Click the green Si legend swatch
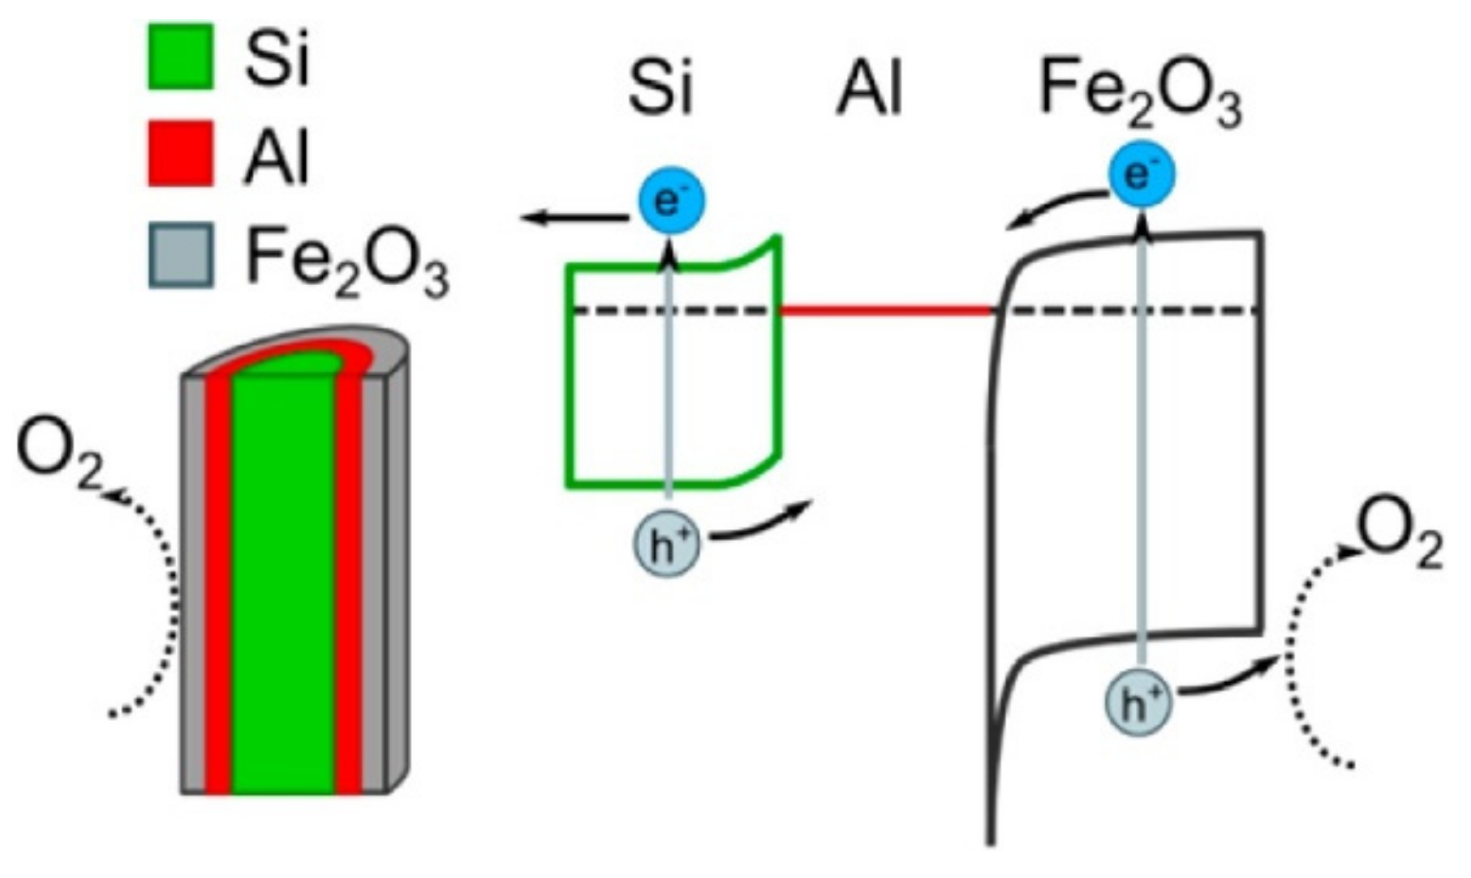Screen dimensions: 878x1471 (180, 58)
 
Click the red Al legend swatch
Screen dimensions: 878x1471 (180, 153)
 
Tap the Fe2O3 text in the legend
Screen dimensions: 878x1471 (346, 258)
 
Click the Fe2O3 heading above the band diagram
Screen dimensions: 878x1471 (1140, 94)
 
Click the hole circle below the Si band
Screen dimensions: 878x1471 (666, 547)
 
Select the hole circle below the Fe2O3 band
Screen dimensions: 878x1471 (1139, 704)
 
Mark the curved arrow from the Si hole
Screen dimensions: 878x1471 (760, 526)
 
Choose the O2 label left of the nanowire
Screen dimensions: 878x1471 (60, 458)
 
